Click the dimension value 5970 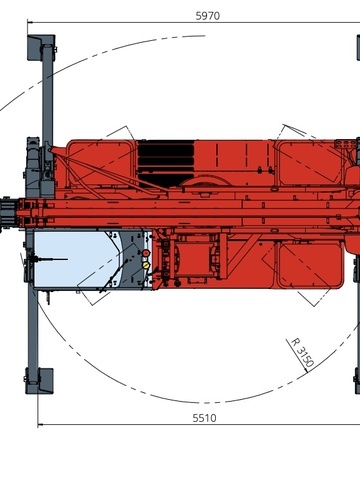coord(207,16)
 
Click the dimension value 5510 coord(204,418)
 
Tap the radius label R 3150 coord(303,352)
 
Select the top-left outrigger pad coord(41,47)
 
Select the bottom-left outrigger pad coord(39,381)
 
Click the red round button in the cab coord(146,253)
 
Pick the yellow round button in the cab coord(146,265)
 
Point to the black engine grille coord(166,163)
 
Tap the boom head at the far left coord(7,213)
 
